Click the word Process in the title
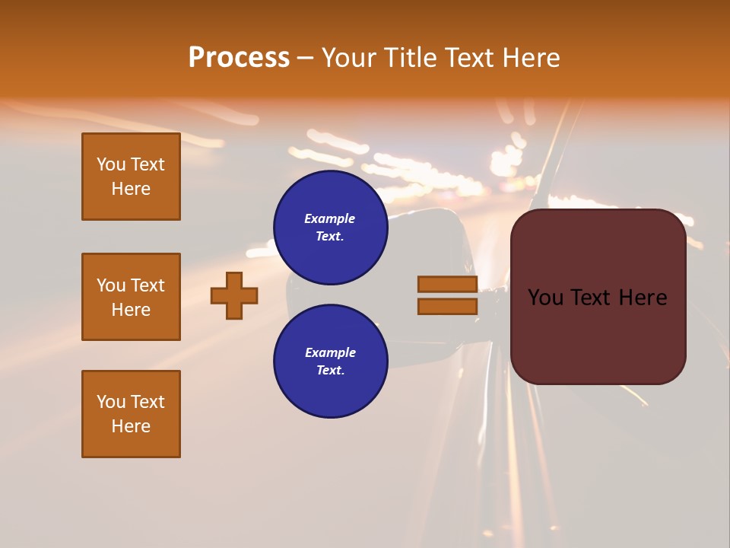[239, 58]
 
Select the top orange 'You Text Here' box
[131, 177]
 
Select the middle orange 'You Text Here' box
[131, 297]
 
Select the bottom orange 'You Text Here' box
[131, 414]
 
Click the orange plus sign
[234, 295]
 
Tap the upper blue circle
[331, 228]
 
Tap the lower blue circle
[331, 362]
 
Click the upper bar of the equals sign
[447, 285]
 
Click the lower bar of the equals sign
[447, 306]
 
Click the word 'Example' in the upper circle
[330, 218]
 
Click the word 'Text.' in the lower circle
[330, 371]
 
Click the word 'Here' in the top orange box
[131, 189]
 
